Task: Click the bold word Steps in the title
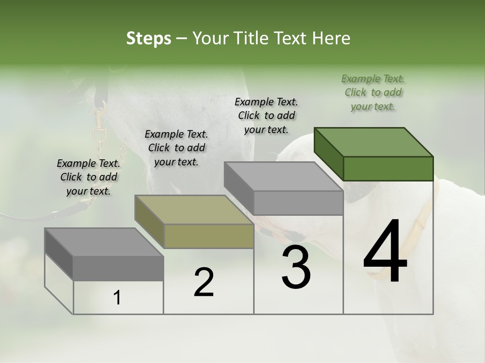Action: (149, 38)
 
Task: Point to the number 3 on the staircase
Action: (296, 267)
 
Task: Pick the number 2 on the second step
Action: (204, 282)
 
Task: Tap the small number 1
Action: (117, 298)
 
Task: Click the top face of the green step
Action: (373, 142)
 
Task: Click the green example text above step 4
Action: (373, 92)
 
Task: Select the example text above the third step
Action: (266, 115)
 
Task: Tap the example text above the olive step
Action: (176, 148)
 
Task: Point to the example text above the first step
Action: (88, 177)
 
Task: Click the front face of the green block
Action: (388, 168)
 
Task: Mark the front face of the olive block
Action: (209, 236)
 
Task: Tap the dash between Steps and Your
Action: (182, 38)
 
